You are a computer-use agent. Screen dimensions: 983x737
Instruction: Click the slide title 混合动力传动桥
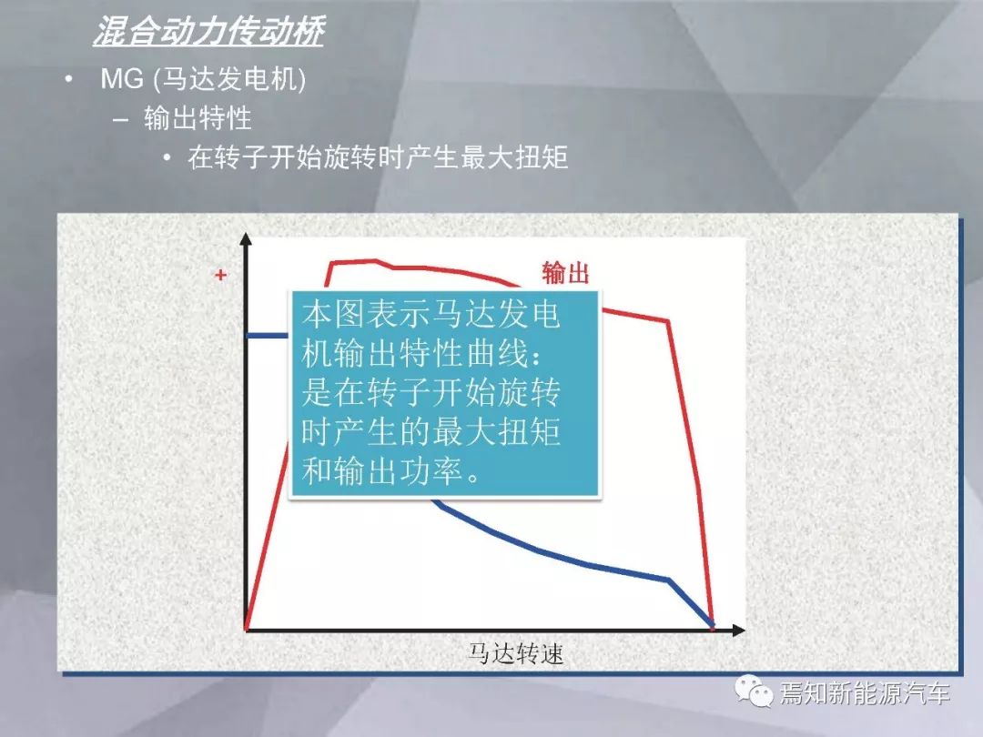click(x=208, y=31)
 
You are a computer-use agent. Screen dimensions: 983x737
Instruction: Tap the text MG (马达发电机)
click(x=203, y=79)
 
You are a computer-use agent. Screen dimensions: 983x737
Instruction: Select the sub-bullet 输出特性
click(x=198, y=117)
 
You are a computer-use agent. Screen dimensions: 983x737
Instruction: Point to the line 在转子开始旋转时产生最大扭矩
click(x=378, y=156)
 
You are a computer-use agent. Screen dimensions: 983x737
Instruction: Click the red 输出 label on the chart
click(x=565, y=273)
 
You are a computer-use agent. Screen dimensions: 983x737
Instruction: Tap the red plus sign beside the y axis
click(x=220, y=275)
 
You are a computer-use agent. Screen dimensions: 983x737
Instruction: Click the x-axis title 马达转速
click(x=516, y=653)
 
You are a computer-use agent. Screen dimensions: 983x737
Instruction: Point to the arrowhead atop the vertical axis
click(x=246, y=238)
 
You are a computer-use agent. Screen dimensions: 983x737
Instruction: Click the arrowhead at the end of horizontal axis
click(x=739, y=630)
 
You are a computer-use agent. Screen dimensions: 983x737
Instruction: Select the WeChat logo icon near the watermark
click(x=754, y=691)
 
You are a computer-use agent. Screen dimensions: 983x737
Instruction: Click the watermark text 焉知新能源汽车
click(x=865, y=693)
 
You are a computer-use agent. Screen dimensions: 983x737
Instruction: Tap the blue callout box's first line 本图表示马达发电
click(x=431, y=314)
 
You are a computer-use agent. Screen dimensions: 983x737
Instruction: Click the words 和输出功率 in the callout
click(x=382, y=471)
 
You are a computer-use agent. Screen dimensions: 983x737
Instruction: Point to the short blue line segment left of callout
click(x=268, y=335)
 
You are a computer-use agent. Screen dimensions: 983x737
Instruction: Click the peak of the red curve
click(x=376, y=260)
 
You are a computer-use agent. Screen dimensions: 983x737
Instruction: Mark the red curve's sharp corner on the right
click(x=668, y=321)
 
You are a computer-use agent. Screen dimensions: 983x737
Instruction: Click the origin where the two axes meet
click(x=247, y=630)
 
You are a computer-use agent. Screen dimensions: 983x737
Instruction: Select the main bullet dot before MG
click(x=68, y=79)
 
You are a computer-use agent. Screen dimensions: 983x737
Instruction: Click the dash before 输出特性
click(x=121, y=119)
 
